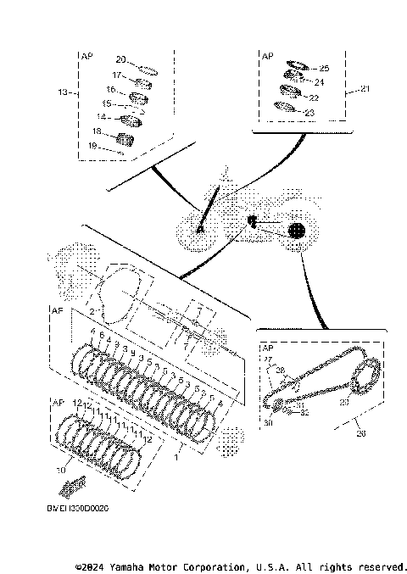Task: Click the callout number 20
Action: coord(120,59)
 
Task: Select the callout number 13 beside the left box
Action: coord(61,92)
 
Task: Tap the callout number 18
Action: coord(97,131)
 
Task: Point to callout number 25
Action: coord(323,68)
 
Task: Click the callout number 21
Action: coord(365,88)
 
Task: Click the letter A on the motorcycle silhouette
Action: coord(201,228)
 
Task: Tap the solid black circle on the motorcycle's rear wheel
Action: coord(295,230)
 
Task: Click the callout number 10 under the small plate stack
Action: coord(59,469)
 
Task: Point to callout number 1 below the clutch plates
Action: coord(176,457)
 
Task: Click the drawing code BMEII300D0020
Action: coord(78,509)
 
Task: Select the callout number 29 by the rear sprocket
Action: coord(343,403)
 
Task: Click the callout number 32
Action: coord(304,413)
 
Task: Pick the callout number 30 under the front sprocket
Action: coord(267,422)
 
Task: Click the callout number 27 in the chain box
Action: coord(270,359)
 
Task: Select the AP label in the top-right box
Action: coord(268,55)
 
